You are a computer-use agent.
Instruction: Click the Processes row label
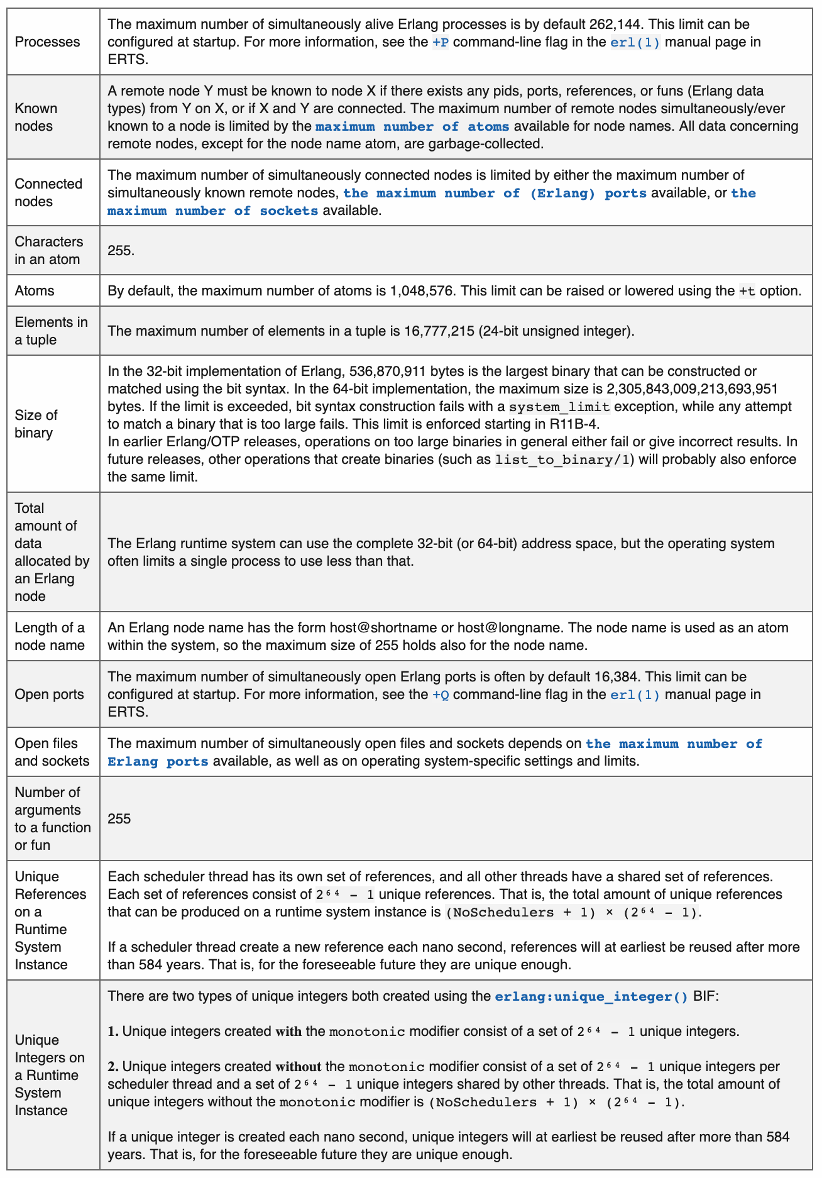point(47,42)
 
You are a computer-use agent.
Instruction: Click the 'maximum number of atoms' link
point(412,127)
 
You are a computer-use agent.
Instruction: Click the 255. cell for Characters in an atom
point(121,251)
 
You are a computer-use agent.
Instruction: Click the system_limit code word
point(559,407)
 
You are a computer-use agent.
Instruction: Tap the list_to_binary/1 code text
point(562,460)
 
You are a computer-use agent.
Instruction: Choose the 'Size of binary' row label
point(36,424)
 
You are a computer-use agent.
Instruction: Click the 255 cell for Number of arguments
point(119,819)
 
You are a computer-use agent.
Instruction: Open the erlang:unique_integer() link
point(591,997)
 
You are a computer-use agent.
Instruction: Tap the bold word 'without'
point(299,1067)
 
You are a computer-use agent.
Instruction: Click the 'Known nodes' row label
point(36,118)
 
